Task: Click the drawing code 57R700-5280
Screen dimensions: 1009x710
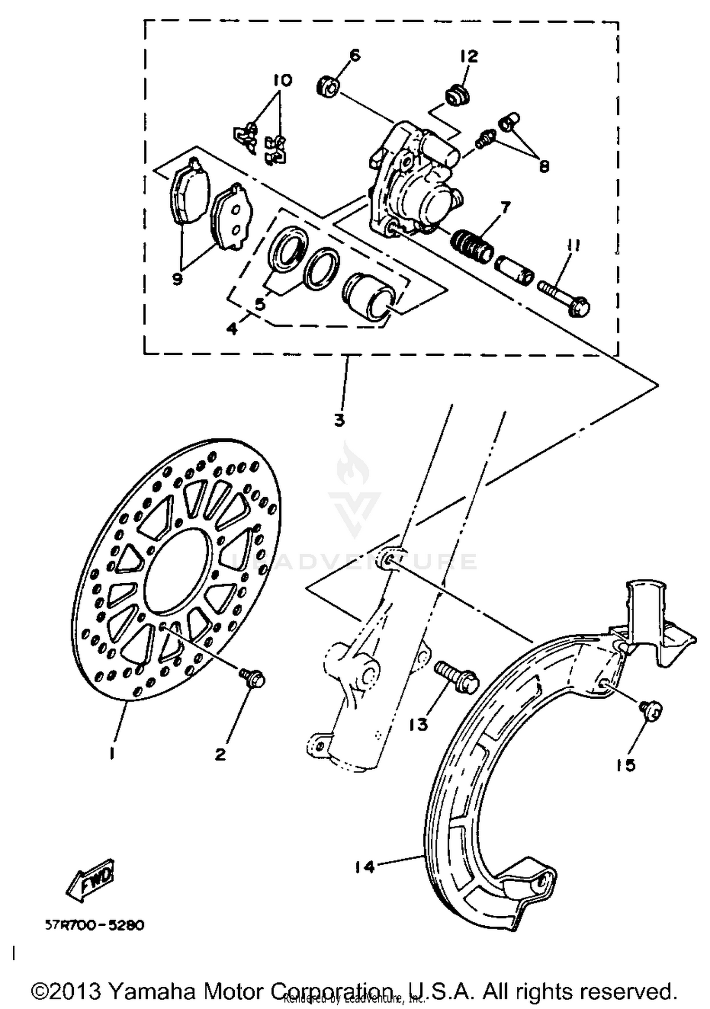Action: (95, 925)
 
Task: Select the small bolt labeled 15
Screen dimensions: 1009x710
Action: (651, 711)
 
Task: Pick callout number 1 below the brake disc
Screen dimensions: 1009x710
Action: (112, 753)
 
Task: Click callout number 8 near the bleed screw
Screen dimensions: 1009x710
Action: (544, 166)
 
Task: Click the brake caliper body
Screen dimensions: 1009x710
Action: (417, 184)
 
